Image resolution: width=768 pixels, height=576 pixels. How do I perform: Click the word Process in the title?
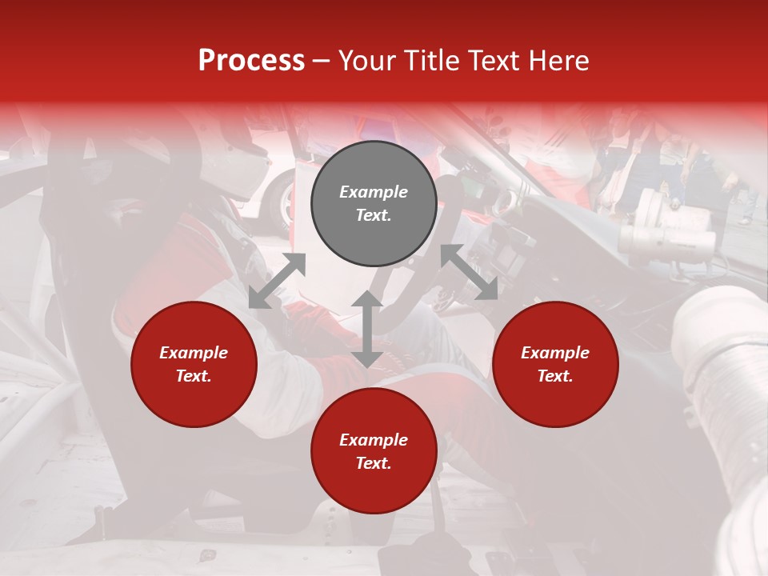pyautogui.click(x=251, y=61)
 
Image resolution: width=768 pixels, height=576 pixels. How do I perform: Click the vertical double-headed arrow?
pyautogui.click(x=367, y=329)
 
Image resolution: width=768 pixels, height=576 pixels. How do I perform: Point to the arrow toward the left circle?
pyautogui.click(x=277, y=281)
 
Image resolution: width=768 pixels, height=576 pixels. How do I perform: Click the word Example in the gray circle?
pyautogui.click(x=374, y=192)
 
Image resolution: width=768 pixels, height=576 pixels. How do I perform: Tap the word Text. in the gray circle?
pyautogui.click(x=374, y=215)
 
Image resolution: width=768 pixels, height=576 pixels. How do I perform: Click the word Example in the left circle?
pyautogui.click(x=194, y=353)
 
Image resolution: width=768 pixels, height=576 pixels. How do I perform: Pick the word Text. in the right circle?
pyautogui.click(x=555, y=376)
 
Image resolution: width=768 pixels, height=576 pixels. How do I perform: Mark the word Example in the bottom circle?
pyautogui.click(x=374, y=440)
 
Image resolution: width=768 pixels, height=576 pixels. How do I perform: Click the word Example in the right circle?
pyautogui.click(x=555, y=353)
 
